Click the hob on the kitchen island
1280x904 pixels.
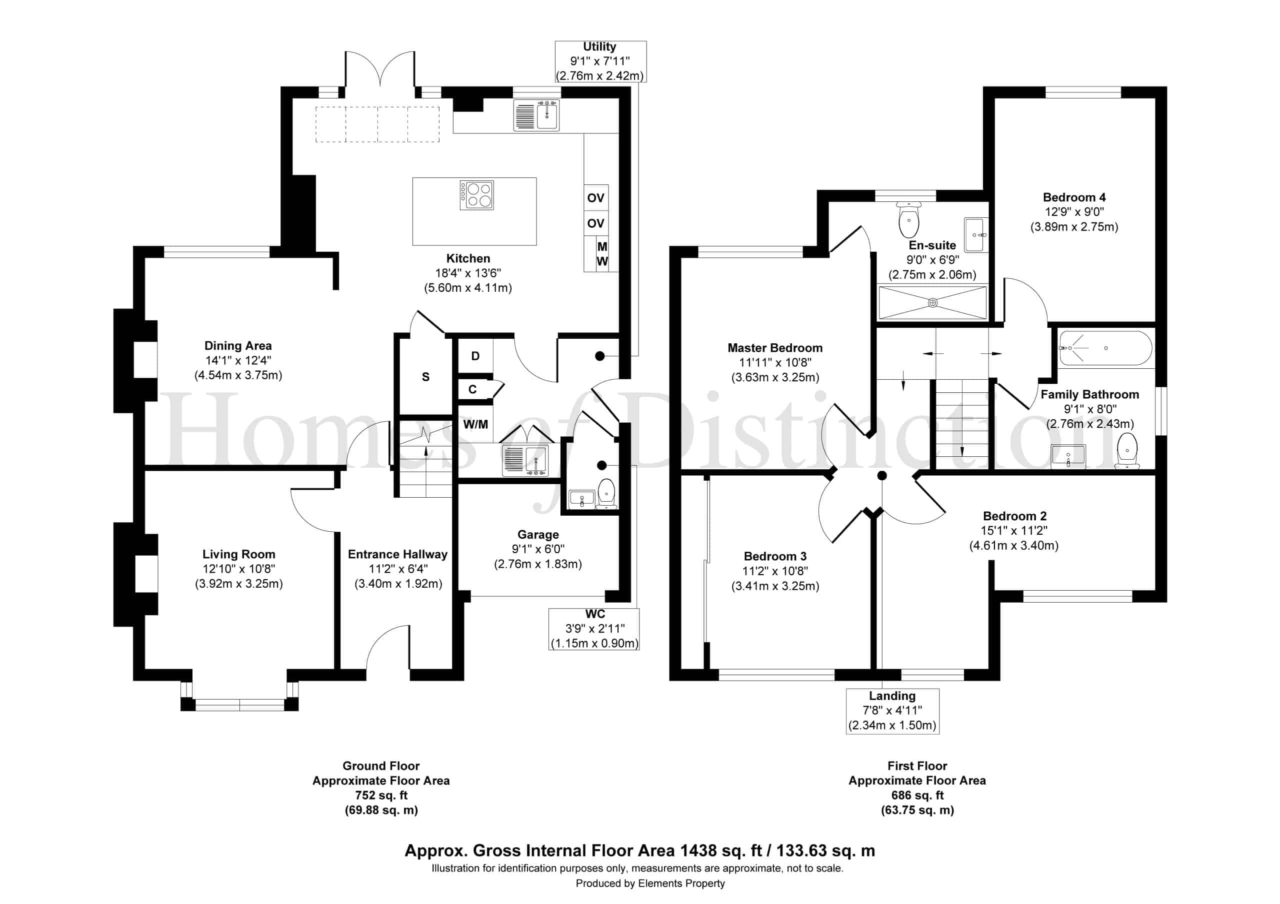pyautogui.click(x=476, y=195)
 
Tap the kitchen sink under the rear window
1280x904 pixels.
pyautogui.click(x=536, y=115)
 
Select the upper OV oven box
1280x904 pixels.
pyautogui.click(x=596, y=198)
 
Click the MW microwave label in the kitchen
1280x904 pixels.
pyautogui.click(x=602, y=253)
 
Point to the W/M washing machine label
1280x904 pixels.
pyautogui.click(x=475, y=425)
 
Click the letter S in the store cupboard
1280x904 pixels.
pyautogui.click(x=426, y=377)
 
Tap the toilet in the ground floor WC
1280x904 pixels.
pyautogui.click(x=606, y=494)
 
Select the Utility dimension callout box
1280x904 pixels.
pyautogui.click(x=600, y=61)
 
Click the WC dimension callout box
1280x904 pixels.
pyautogui.click(x=594, y=629)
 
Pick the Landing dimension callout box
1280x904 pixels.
pyautogui.click(x=892, y=711)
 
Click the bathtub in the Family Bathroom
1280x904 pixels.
pyautogui.click(x=1105, y=348)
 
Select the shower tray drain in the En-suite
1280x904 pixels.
pyautogui.click(x=932, y=303)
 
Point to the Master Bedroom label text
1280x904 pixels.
pyautogui.click(x=775, y=348)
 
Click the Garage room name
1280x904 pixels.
pyautogui.click(x=538, y=535)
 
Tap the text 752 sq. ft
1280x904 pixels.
pyautogui.click(x=381, y=796)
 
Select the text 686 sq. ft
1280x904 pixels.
pyautogui.click(x=917, y=796)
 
